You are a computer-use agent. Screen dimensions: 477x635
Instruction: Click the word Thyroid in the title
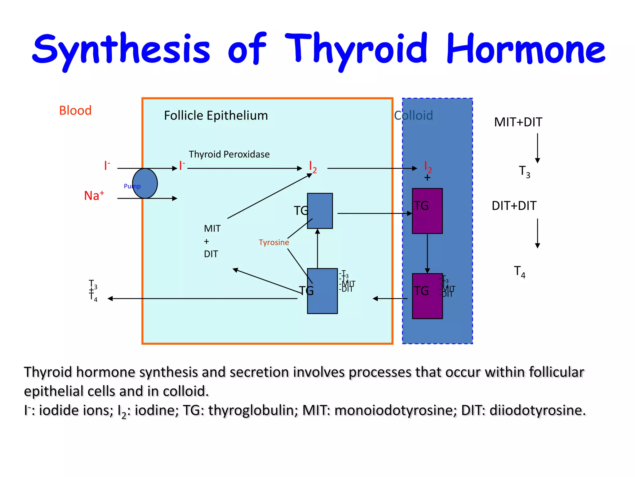pyautogui.click(x=356, y=50)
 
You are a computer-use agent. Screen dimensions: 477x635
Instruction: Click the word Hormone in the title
pyautogui.click(x=526, y=50)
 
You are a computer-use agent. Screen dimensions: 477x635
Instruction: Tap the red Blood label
pyautogui.click(x=75, y=111)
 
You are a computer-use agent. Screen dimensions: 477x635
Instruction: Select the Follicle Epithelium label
pyautogui.click(x=216, y=116)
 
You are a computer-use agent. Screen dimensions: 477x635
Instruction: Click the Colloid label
pyautogui.click(x=413, y=116)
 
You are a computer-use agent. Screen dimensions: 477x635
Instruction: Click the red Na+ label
pyautogui.click(x=94, y=196)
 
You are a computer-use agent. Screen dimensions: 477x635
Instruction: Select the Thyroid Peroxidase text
pyautogui.click(x=229, y=154)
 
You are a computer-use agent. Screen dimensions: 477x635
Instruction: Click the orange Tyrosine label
pyautogui.click(x=274, y=242)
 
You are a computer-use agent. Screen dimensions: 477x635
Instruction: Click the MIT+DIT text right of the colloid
pyautogui.click(x=518, y=122)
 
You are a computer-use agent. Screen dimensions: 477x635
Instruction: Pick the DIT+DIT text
pyautogui.click(x=514, y=206)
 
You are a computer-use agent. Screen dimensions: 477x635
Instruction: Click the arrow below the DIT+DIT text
pyautogui.click(x=537, y=233)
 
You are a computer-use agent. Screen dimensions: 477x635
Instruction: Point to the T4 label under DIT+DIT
pyautogui.click(x=520, y=272)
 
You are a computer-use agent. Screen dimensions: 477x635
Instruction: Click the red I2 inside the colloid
pyautogui.click(x=428, y=167)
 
